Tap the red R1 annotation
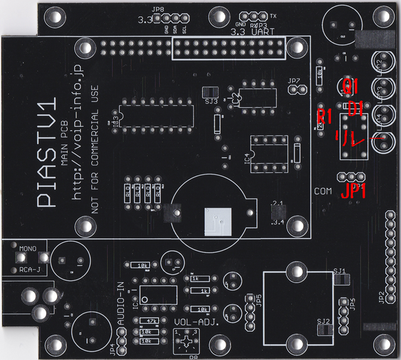(324, 116)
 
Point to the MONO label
(28, 249)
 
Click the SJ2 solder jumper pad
(324, 331)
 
